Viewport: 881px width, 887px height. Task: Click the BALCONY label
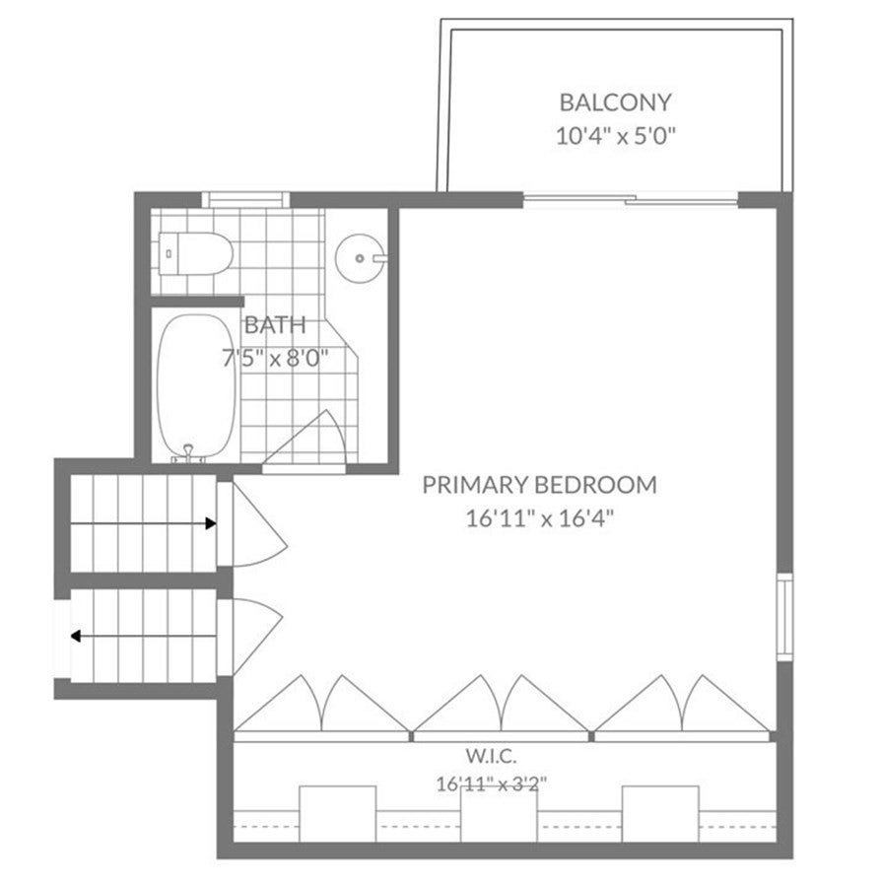[x=615, y=102]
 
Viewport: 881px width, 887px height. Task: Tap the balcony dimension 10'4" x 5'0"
[x=615, y=136]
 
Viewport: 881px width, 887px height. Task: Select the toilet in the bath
[x=196, y=253]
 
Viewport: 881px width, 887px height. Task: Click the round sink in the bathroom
[x=361, y=258]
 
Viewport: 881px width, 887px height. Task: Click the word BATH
[x=275, y=324]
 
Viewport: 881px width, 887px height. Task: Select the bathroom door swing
[x=305, y=442]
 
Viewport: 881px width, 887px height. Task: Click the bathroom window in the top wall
[x=245, y=200]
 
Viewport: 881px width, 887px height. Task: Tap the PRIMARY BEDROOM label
[x=539, y=485]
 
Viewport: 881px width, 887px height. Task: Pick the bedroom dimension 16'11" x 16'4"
[x=539, y=518]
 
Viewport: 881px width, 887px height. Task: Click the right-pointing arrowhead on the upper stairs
[x=211, y=524]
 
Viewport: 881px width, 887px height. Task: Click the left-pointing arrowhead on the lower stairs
[x=76, y=637]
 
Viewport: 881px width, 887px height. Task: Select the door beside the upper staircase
[x=252, y=524]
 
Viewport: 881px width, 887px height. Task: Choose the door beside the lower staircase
[x=250, y=637]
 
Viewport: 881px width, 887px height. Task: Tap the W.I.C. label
[x=491, y=756]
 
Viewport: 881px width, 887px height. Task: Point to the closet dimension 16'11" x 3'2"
[x=491, y=785]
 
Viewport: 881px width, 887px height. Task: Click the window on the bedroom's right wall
[x=784, y=617]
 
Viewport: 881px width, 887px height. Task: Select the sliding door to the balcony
[x=631, y=200]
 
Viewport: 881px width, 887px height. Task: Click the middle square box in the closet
[x=499, y=815]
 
